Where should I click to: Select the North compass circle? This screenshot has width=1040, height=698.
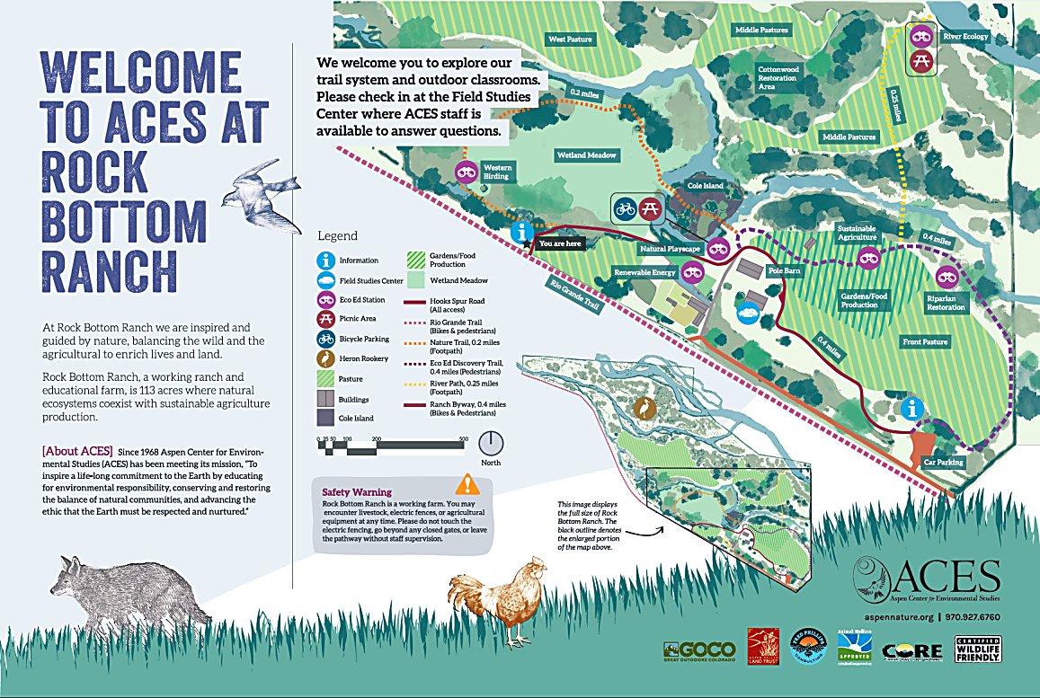click(x=490, y=443)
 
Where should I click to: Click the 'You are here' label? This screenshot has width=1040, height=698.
click(x=559, y=243)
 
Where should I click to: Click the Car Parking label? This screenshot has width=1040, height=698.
click(x=943, y=463)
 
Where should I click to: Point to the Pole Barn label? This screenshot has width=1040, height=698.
click(x=783, y=269)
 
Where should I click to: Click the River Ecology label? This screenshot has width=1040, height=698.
click(x=964, y=37)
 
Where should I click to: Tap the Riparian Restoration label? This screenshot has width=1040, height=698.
click(x=947, y=302)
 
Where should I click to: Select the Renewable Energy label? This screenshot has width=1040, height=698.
click(x=644, y=272)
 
